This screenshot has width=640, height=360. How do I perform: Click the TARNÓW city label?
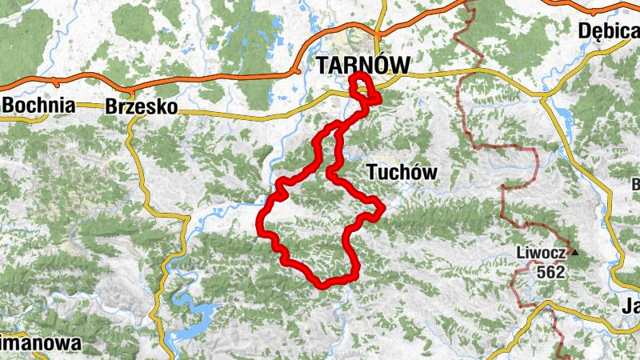tap(363, 65)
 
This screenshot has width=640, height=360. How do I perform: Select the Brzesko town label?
tap(141, 107)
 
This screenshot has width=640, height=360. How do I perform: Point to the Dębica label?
tap(610, 31)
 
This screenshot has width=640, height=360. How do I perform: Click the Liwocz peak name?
tap(541, 254)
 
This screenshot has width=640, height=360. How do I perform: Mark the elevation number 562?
tap(551, 272)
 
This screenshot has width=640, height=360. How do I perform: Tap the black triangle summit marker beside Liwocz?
tap(574, 254)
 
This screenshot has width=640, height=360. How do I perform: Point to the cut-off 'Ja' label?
tap(630, 306)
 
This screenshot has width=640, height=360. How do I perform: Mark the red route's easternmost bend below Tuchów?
tap(383, 207)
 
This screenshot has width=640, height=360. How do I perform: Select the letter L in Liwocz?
tap(521, 254)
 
